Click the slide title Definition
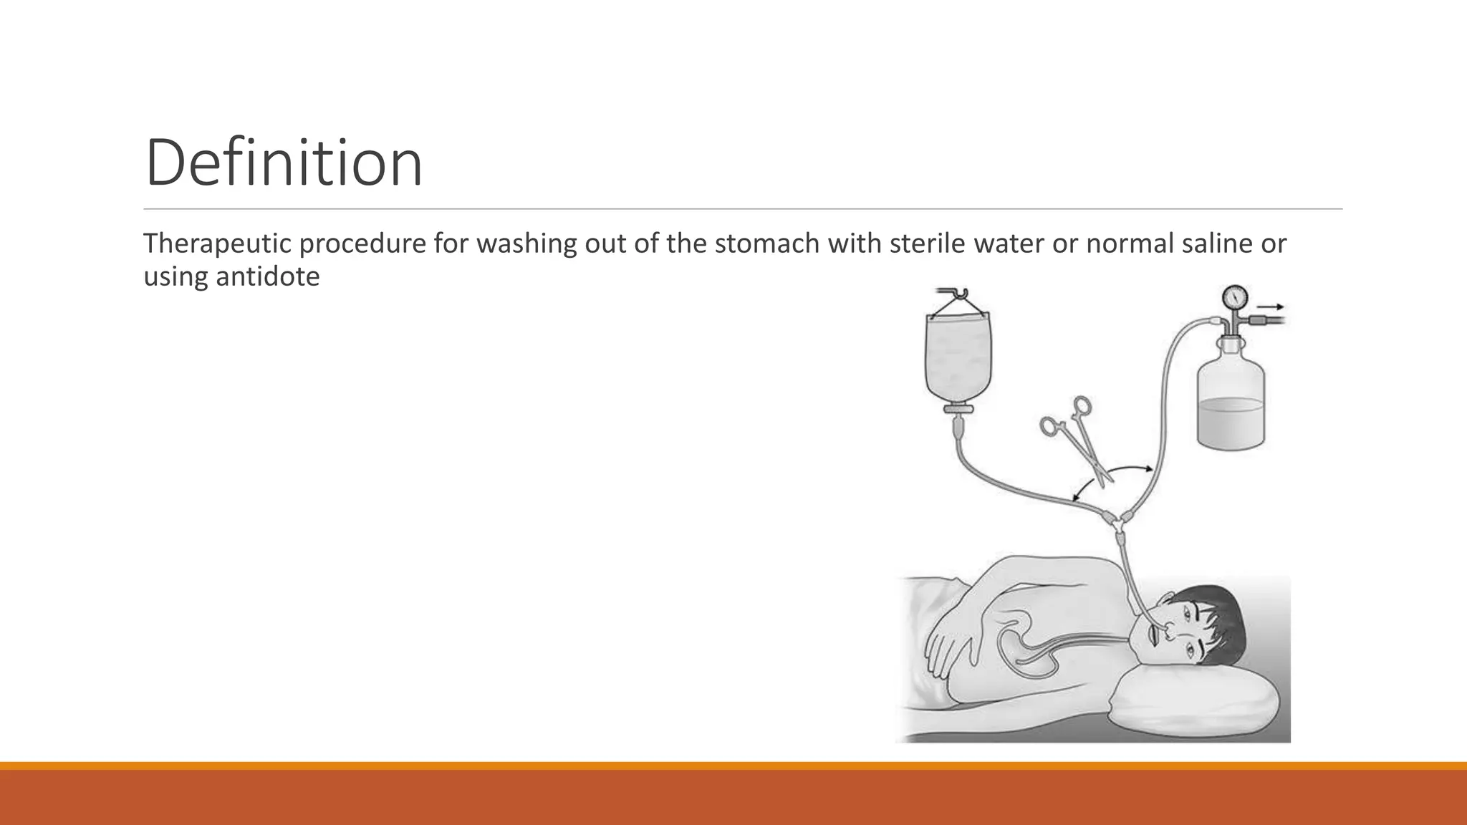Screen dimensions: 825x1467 pyautogui.click(x=284, y=163)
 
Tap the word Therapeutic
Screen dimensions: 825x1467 pyautogui.click(x=216, y=243)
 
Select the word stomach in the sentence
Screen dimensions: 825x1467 pyautogui.click(x=767, y=243)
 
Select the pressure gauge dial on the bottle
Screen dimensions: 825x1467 pyautogui.click(x=1236, y=296)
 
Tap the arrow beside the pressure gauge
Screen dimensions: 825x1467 pyautogui.click(x=1271, y=307)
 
